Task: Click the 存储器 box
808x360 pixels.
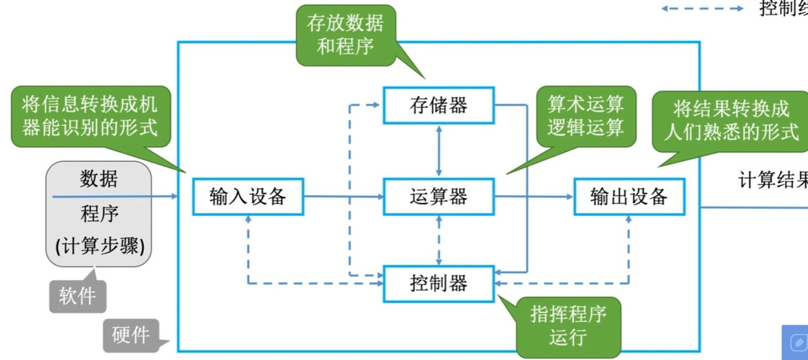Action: click(x=439, y=105)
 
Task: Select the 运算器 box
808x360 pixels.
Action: click(x=439, y=196)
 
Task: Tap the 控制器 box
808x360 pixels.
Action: click(x=439, y=283)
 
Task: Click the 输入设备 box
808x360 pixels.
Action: click(x=248, y=196)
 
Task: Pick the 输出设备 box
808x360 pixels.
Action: click(x=629, y=196)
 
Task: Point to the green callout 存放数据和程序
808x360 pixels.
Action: click(x=345, y=35)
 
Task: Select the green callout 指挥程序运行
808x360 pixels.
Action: click(x=567, y=325)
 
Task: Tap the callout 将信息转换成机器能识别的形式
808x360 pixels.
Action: click(x=94, y=117)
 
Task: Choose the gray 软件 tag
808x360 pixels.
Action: click(x=77, y=295)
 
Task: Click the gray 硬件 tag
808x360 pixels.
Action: click(x=130, y=335)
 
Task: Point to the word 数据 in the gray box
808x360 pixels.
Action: click(x=99, y=178)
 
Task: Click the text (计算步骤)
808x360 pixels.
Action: click(x=99, y=246)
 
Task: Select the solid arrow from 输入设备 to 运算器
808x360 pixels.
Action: click(x=343, y=196)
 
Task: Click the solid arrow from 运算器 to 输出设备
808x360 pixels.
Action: click(x=534, y=196)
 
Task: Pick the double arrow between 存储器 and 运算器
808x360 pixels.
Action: click(x=439, y=150)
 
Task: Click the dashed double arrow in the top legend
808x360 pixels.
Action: click(x=702, y=9)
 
